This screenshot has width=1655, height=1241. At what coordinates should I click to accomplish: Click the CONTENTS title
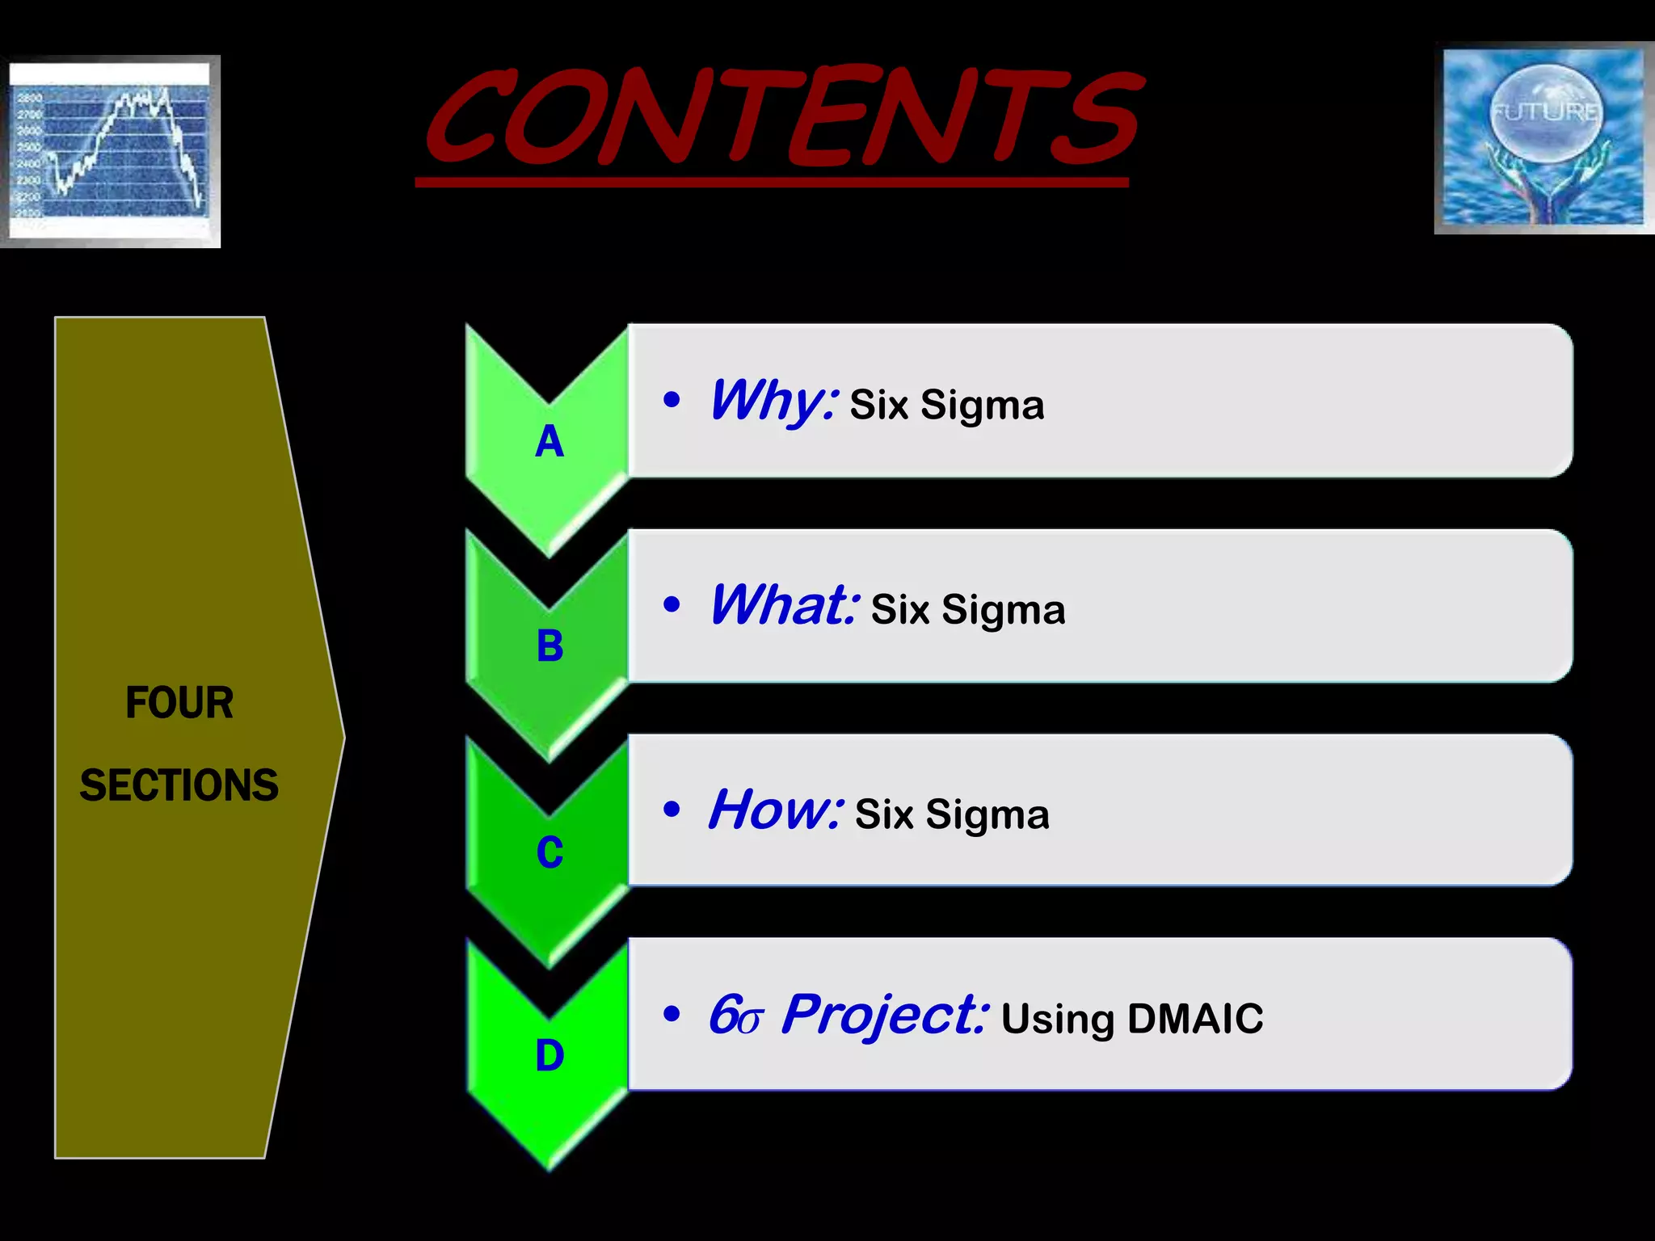[x=782, y=117]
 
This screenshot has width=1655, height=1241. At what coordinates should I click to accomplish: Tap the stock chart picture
[x=111, y=151]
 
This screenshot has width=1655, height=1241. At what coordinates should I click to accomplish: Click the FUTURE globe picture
[x=1543, y=138]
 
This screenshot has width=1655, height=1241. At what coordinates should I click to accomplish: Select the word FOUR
[x=179, y=703]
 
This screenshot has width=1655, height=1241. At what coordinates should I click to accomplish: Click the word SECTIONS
[x=179, y=785]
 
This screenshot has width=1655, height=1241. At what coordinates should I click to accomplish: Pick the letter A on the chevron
[x=550, y=442]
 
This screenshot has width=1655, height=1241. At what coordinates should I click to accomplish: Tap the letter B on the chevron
[x=550, y=646]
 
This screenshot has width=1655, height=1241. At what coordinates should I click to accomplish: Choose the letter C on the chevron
[x=550, y=852]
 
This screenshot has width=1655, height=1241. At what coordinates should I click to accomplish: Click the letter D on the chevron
[x=550, y=1056]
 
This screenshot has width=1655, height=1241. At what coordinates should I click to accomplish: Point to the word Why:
[x=773, y=402]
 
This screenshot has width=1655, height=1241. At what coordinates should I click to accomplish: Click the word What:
[x=783, y=606]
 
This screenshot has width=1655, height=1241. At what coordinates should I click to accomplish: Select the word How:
[x=776, y=810]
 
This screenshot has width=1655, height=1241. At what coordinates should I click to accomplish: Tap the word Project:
[x=884, y=1016]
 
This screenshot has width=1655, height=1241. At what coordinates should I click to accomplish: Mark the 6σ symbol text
[x=735, y=1016]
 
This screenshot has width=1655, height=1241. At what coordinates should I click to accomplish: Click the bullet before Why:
[x=671, y=399]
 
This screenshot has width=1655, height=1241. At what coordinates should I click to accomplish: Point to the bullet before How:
[x=671, y=809]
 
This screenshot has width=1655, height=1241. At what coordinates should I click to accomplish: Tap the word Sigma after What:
[x=1003, y=611]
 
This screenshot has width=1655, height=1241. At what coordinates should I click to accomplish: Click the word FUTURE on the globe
[x=1544, y=111]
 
